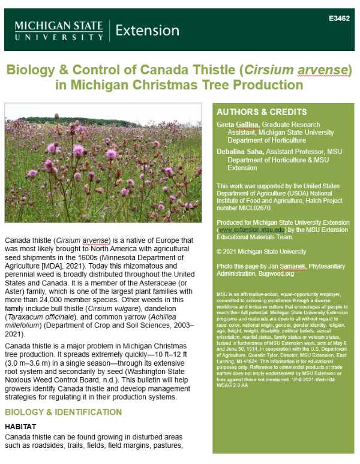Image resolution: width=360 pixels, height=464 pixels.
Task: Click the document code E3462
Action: [x=339, y=19]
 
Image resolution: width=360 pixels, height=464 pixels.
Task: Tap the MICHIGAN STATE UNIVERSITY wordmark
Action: [x=59, y=31]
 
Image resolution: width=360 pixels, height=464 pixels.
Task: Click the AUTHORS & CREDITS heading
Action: [x=253, y=112]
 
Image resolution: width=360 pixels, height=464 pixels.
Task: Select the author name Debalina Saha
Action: [x=239, y=152]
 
